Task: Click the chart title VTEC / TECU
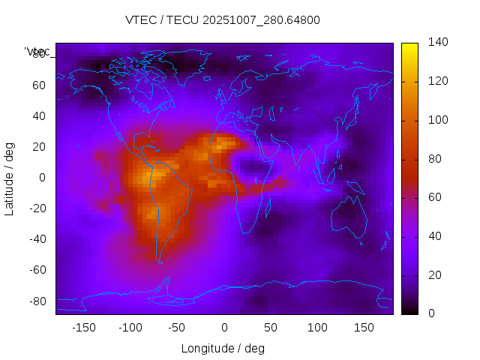tap(223, 20)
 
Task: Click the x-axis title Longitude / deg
tap(223, 348)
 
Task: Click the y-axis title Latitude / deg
tap(10, 178)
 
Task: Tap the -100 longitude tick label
tap(130, 328)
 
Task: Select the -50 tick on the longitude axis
tap(177, 328)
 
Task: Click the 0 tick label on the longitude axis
tap(224, 328)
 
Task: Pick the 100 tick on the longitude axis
tap(317, 328)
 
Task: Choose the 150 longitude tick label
tap(364, 328)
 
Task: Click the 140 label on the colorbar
tap(439, 43)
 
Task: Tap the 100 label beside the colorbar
tap(439, 120)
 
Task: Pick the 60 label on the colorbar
tap(436, 198)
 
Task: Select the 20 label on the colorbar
tap(436, 275)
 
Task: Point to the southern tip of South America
tap(160, 261)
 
